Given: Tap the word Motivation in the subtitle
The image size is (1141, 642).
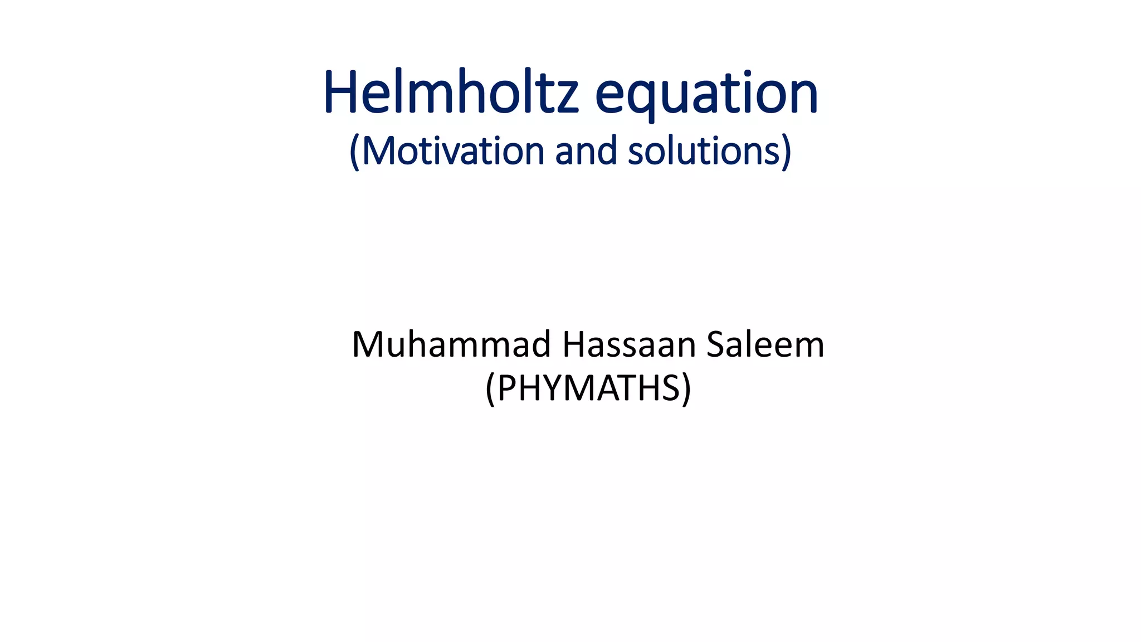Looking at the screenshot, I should (452, 151).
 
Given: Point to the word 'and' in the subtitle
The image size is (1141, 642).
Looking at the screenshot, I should (586, 151).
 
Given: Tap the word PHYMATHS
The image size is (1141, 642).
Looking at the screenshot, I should (588, 388).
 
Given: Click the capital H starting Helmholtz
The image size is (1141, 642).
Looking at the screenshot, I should (340, 93).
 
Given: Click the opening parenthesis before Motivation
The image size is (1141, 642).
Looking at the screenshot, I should (354, 152).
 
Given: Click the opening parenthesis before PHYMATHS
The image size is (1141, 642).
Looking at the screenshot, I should (490, 389).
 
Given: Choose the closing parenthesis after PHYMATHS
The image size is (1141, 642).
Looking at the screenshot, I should (686, 389).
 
